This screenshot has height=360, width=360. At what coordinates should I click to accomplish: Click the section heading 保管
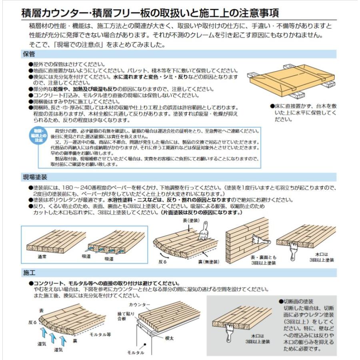click(x=29, y=53)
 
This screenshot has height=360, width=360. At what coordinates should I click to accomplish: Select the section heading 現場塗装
click(x=35, y=177)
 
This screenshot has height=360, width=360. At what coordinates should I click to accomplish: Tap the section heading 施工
click(x=29, y=273)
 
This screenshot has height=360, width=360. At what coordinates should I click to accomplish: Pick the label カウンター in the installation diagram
click(x=140, y=305)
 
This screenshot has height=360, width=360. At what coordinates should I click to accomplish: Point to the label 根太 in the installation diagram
click(x=170, y=338)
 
